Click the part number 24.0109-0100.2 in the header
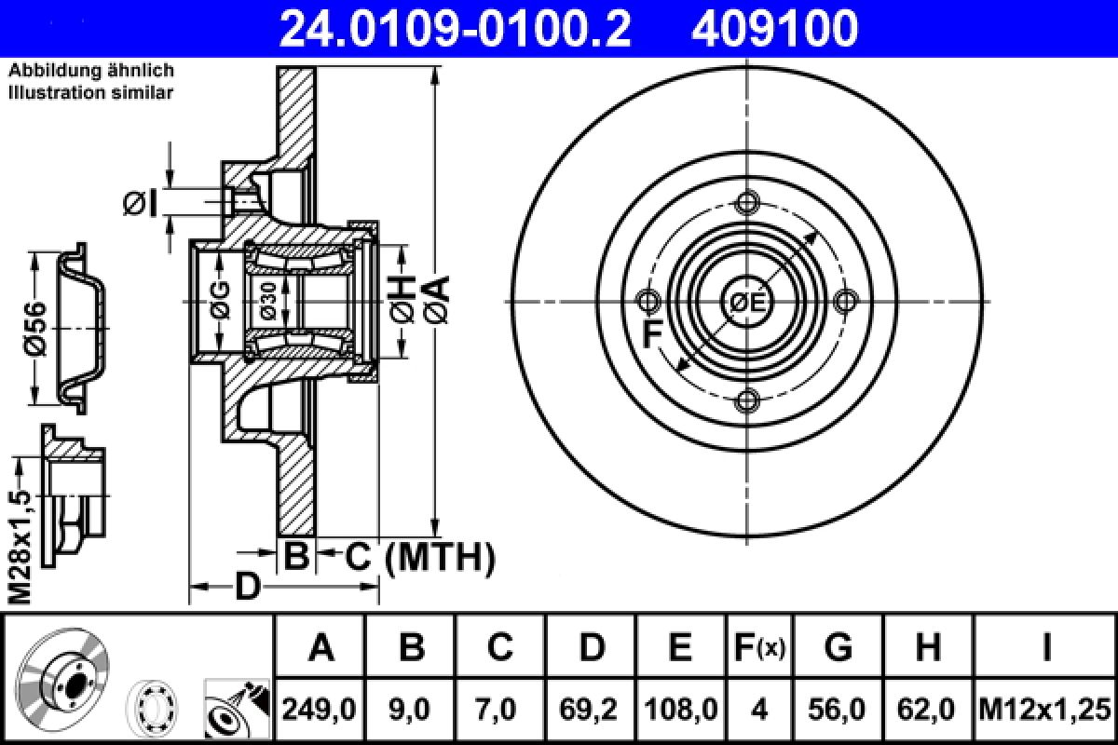tap(455, 29)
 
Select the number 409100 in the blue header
tap(773, 29)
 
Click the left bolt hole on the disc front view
tap(648, 301)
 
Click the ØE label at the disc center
tap(747, 302)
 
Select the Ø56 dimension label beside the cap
tap(35, 329)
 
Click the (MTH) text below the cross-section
tap(439, 558)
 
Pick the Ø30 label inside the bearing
tap(268, 301)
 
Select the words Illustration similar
tap(90, 92)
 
